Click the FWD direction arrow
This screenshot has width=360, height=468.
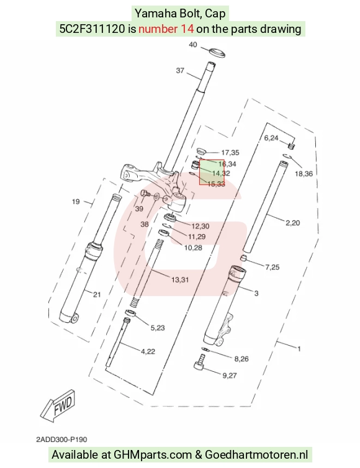pos(58,405)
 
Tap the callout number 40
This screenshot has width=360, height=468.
pos(193,45)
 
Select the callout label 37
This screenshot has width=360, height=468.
pos(180,70)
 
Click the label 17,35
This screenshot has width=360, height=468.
pos(230,153)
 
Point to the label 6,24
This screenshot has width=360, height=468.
pos(271,138)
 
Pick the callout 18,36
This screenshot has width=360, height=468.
pos(304,173)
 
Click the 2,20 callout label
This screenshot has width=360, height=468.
pos(292,223)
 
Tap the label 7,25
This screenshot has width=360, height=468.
pos(272,267)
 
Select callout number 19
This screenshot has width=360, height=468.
pos(76,202)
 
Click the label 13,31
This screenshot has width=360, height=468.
pos(180,280)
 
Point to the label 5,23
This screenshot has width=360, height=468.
pos(158,328)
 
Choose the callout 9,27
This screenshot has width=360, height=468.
pos(230,376)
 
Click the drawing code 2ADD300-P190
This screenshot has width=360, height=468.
pos(62,439)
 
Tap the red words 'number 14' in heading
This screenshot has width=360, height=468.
pos(166,29)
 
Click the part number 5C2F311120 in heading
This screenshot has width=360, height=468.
pos(92,29)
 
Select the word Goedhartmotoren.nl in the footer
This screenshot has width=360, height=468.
pos(256,455)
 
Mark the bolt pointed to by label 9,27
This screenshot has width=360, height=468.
pos(200,362)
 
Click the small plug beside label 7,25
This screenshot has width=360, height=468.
pos(245,258)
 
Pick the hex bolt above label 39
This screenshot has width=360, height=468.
pos(145,194)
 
